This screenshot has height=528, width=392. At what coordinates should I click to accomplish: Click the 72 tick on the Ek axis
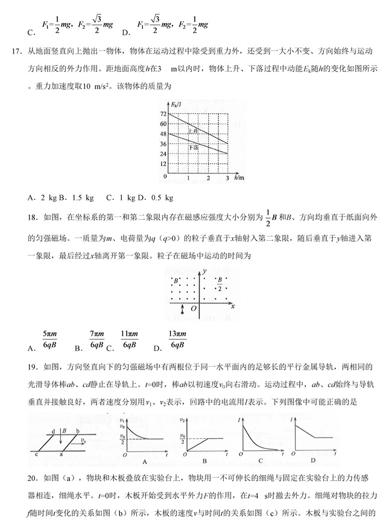tap(162, 113)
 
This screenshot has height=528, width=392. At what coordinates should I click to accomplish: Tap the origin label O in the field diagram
tap(194, 308)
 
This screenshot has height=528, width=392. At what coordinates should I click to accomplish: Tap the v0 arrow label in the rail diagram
tap(81, 440)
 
